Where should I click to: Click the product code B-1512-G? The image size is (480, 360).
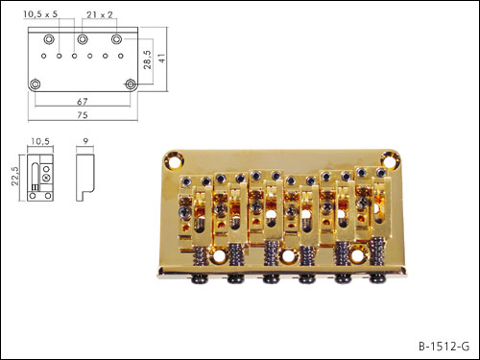point(444,347)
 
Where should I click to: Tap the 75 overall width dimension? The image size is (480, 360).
point(83,115)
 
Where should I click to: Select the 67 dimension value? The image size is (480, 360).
point(83,102)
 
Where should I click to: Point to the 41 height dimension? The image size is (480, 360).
point(162,58)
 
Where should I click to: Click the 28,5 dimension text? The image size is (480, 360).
point(148,60)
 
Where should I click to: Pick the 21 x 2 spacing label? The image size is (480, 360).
point(100,14)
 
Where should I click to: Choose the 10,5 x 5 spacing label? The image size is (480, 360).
point(40,14)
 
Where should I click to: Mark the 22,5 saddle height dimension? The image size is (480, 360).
point(15,176)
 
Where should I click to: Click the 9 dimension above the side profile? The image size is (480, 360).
point(85,141)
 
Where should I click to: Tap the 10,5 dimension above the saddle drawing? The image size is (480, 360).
point(40,141)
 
